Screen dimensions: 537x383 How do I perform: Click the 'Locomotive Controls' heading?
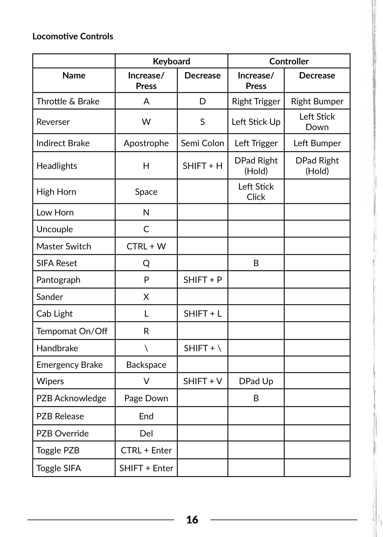tap(73, 36)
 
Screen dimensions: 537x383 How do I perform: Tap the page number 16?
tap(192, 520)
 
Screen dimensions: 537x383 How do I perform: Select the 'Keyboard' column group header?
tap(171, 61)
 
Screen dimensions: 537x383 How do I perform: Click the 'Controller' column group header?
tap(289, 61)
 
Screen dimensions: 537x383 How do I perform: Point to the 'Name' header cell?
tap(74, 75)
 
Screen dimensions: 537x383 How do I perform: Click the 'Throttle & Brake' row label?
tap(68, 101)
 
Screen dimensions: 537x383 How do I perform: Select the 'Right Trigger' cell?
tap(256, 101)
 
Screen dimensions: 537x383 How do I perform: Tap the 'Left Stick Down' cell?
tap(317, 122)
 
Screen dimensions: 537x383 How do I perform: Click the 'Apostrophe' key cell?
tap(146, 143)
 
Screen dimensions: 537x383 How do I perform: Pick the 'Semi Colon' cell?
tap(202, 143)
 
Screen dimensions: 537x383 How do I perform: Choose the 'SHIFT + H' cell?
tap(202, 166)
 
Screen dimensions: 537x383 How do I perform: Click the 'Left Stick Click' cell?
tap(256, 192)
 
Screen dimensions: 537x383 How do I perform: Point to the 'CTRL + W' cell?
tap(146, 246)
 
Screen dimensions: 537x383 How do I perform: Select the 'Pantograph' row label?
tap(58, 280)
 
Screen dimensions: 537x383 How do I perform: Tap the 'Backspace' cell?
tap(146, 365)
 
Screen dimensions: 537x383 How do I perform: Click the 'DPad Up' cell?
tap(256, 381)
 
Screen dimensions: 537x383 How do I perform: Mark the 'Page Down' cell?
tap(146, 398)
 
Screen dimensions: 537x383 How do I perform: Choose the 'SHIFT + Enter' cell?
tap(146, 468)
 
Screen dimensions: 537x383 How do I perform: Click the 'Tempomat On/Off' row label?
tap(72, 331)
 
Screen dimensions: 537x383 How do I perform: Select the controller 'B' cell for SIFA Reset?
tap(256, 263)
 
